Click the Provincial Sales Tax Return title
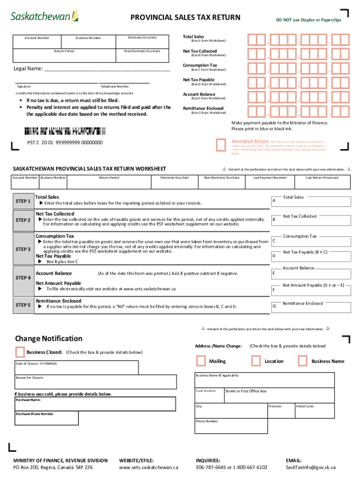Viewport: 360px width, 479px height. click(x=185, y=18)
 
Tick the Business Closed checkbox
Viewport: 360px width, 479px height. click(x=20, y=352)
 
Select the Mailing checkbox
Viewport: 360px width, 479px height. click(x=201, y=361)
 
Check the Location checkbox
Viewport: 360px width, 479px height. click(x=256, y=361)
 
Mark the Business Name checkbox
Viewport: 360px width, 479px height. click(x=302, y=361)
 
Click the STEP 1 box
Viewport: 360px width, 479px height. click(x=23, y=201)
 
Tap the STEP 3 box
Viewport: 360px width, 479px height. click(x=23, y=249)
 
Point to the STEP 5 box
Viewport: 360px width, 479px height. click(x=23, y=305)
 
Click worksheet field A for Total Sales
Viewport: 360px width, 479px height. click(x=310, y=201)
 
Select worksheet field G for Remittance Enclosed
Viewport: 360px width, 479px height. click(x=310, y=307)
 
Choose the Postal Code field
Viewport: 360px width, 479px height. click(x=314, y=410)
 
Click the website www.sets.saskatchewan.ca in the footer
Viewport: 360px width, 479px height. click(x=149, y=467)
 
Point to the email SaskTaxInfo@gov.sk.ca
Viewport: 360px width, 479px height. click(x=310, y=467)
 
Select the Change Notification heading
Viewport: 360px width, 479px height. click(x=49, y=339)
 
